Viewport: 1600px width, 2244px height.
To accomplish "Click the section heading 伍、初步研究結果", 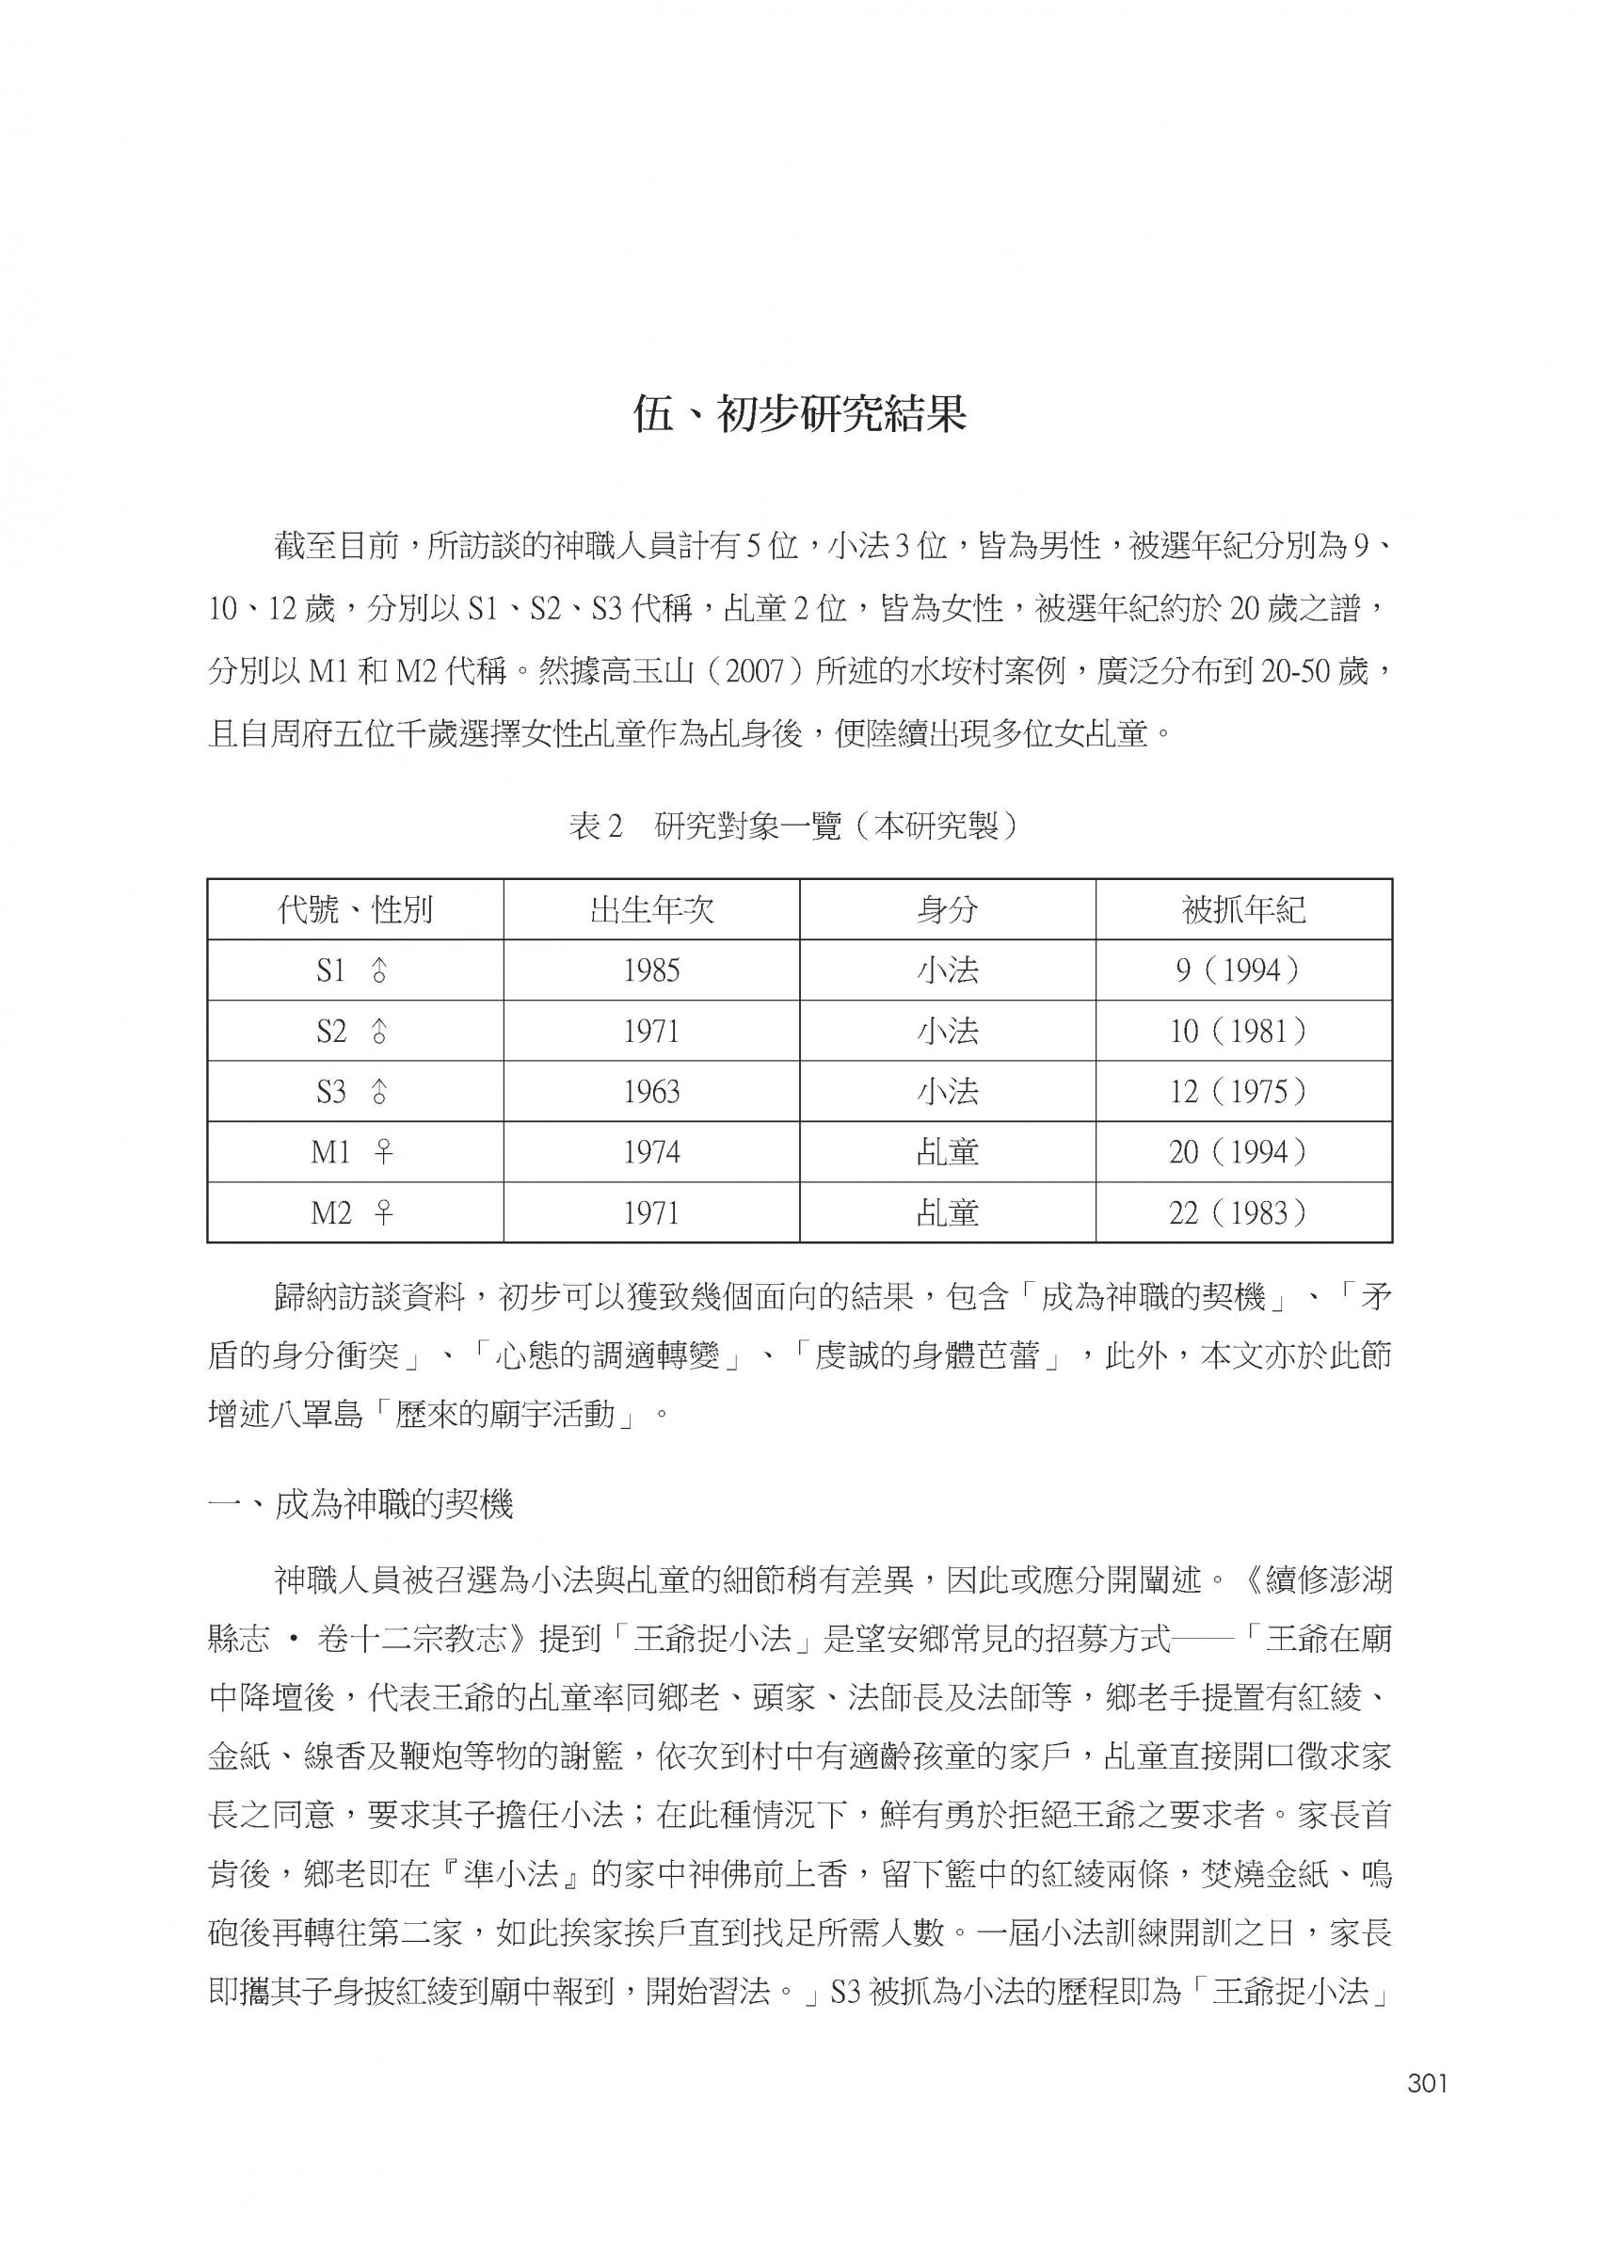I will click(x=799, y=416).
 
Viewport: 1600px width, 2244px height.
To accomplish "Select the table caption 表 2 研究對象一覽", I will click(x=793, y=825).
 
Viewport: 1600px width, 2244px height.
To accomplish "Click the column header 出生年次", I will click(x=651, y=910).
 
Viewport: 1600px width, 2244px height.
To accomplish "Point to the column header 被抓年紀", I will click(x=1243, y=910).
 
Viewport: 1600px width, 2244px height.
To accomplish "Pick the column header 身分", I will click(x=947, y=910).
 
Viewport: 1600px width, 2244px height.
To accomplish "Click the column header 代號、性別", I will click(x=355, y=910).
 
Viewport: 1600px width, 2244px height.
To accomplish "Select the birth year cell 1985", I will click(x=651, y=971).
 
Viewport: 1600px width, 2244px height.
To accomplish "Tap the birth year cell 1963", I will click(x=651, y=1092).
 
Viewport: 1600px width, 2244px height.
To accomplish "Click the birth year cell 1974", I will click(x=651, y=1151).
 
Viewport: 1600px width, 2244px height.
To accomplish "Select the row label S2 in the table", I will click(x=332, y=1032).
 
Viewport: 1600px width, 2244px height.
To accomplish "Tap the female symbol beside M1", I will click(x=383, y=1151).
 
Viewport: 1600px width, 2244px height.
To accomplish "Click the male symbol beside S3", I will click(x=380, y=1092).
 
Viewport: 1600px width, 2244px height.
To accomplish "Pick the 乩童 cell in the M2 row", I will click(x=947, y=1212).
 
